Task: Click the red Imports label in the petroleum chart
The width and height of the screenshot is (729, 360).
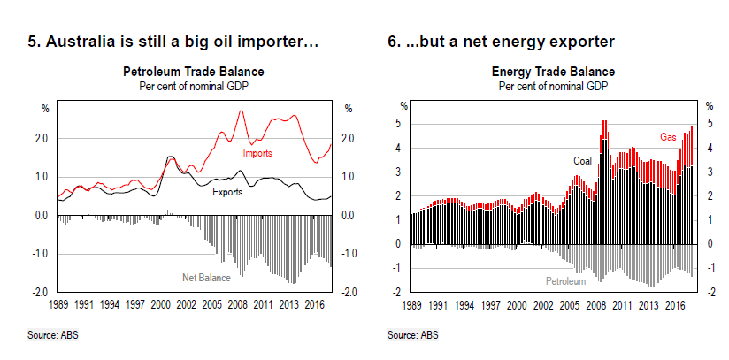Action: pos(257,153)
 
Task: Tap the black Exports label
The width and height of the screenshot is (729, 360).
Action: pos(228,191)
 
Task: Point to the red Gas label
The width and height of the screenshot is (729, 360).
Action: pos(668,137)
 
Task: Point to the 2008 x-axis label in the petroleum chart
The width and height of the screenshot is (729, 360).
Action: pos(238,303)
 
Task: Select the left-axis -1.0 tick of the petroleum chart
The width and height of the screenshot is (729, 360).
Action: pos(41,254)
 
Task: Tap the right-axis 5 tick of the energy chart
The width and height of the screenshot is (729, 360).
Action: pos(709,124)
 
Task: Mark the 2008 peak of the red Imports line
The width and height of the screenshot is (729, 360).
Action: pos(241,111)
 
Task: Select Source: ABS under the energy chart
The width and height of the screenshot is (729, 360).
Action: pos(412,335)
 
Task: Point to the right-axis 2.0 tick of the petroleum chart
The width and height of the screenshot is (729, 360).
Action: pos(349,139)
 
